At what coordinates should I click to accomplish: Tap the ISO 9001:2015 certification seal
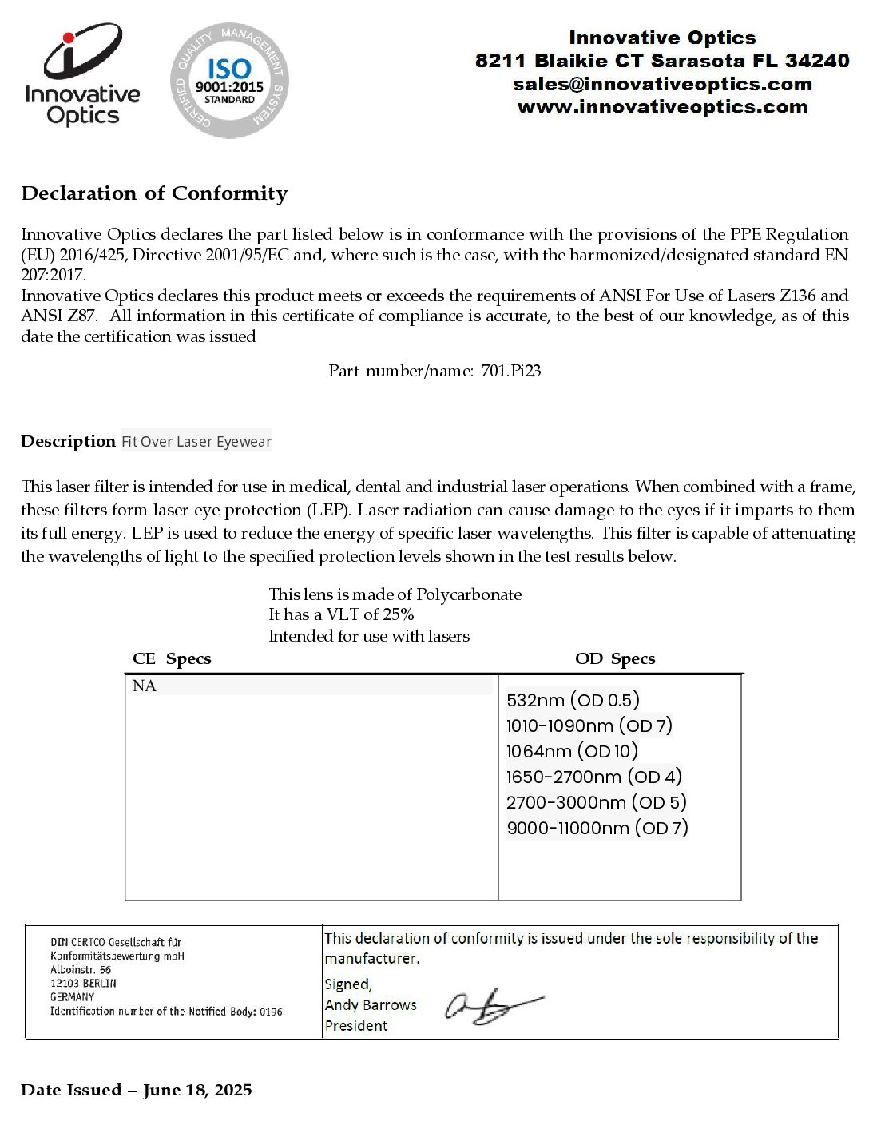[229, 80]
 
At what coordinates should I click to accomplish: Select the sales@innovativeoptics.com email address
[662, 84]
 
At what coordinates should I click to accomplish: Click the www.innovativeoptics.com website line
[662, 107]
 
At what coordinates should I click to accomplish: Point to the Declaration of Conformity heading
[154, 193]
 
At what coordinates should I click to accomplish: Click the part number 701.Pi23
[511, 371]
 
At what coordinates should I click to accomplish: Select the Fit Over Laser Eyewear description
[196, 442]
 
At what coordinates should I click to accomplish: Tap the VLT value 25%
[398, 614]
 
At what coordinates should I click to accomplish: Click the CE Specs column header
[172, 658]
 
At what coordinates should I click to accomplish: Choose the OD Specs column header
[615, 658]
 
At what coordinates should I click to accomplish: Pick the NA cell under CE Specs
[145, 686]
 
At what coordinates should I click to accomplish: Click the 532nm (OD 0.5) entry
[573, 701]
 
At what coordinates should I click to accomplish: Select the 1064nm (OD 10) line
[572, 752]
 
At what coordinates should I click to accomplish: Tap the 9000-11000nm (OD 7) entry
[597, 829]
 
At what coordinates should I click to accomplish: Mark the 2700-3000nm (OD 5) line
[596, 803]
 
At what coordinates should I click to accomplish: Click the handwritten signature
[492, 1006]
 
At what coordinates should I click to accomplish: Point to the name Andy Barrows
[371, 1005]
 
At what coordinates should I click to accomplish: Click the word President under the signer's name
[356, 1026]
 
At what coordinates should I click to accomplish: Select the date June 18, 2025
[197, 1091]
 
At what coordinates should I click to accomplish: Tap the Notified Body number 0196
[271, 1012]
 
